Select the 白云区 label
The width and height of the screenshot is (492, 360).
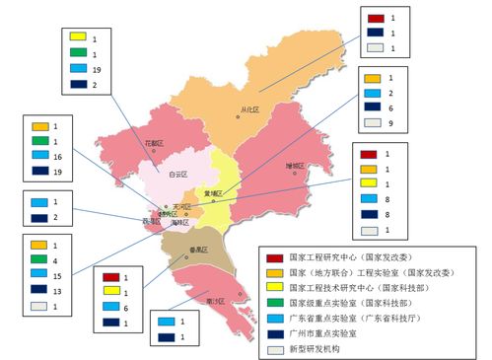tap(177, 174)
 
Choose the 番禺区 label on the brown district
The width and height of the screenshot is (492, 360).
tap(183, 251)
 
